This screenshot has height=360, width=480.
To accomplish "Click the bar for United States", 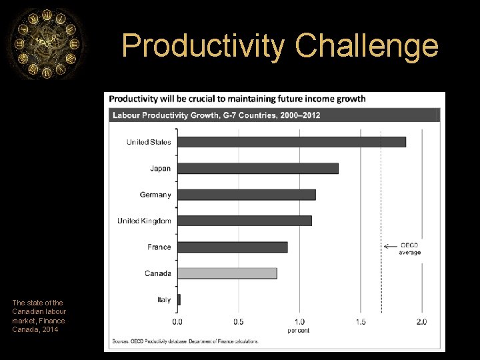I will pyautogui.click(x=291, y=142).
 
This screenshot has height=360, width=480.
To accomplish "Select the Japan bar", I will pyautogui.click(x=258, y=168).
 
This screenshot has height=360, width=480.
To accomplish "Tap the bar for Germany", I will pyautogui.click(x=247, y=195).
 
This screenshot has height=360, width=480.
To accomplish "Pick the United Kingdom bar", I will pyautogui.click(x=245, y=221).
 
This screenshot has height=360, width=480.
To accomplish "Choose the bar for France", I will pyautogui.click(x=233, y=247).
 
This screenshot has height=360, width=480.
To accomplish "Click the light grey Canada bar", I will pyautogui.click(x=227, y=273).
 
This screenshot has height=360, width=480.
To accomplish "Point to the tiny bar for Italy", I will pyautogui.click(x=179, y=299).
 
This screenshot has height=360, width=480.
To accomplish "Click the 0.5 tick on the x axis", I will pyautogui.click(x=238, y=322).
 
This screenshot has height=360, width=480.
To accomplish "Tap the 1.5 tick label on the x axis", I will pyautogui.click(x=360, y=322).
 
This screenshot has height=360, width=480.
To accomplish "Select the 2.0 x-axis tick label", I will pyautogui.click(x=421, y=322).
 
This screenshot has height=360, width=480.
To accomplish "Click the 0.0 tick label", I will pyautogui.click(x=177, y=322).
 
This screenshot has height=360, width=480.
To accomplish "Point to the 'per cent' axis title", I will pyautogui.click(x=299, y=330).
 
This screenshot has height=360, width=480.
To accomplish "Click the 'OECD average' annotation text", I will pyautogui.click(x=410, y=249).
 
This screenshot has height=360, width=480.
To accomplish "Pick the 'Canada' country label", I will pyautogui.click(x=158, y=273).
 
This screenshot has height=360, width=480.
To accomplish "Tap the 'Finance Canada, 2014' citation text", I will pyautogui.click(x=39, y=325).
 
